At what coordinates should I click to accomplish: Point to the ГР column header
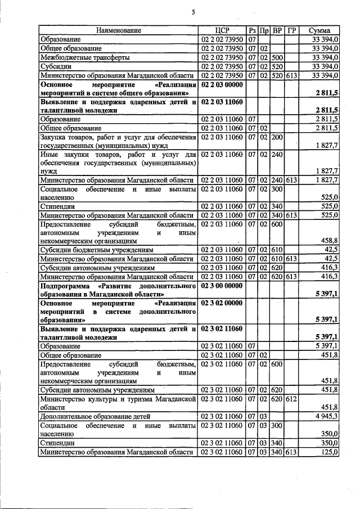[291, 30]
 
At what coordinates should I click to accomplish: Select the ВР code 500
[277, 57]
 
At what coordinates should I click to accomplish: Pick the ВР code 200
[277, 137]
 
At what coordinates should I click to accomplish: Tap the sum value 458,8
[328, 240]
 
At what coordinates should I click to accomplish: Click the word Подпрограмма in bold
[62, 286]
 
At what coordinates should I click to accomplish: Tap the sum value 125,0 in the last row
[328, 452]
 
